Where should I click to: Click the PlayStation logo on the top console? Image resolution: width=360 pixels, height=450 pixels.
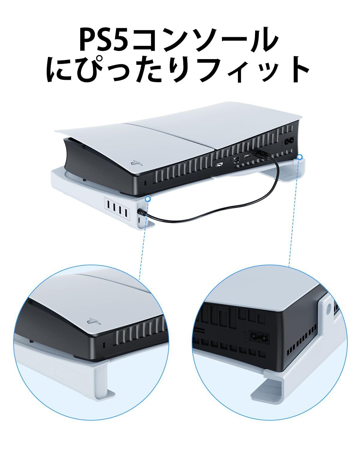tap(133, 164)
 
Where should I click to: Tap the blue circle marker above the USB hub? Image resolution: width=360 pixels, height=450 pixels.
tap(147, 199)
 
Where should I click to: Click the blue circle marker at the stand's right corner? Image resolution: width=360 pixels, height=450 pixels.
tap(299, 157)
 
